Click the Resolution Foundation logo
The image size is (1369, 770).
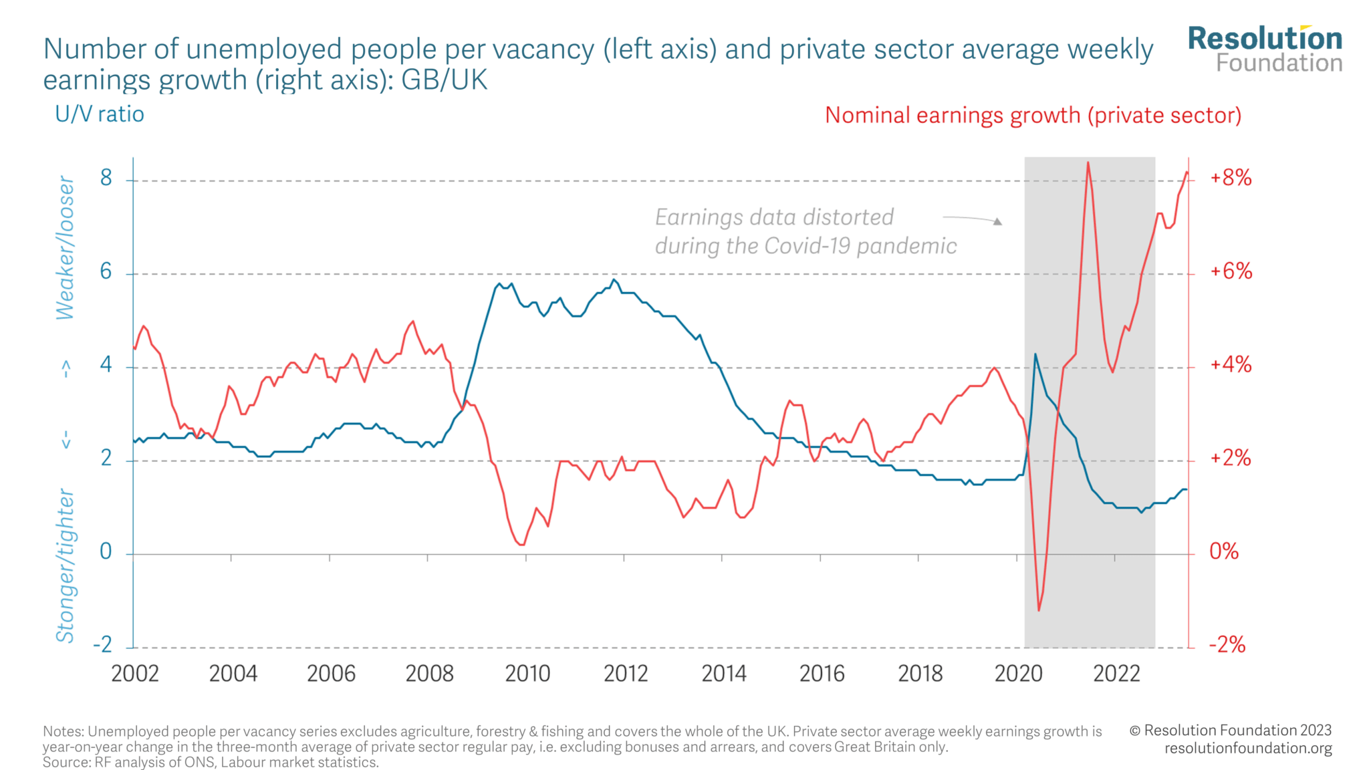pos(1265,49)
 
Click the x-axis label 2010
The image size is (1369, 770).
pos(527,673)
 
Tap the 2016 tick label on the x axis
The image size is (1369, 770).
pos(822,673)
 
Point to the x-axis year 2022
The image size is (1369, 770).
pos(1116,673)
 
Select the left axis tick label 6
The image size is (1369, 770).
pos(106,271)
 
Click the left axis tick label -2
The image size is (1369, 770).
pos(102,644)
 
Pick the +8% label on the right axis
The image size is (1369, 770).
pos(1231,178)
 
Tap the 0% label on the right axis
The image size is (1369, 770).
pos(1224,551)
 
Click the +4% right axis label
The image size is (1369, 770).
pos(1231,365)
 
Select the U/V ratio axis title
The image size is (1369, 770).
pos(100,114)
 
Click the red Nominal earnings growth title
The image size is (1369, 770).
pos(1033,115)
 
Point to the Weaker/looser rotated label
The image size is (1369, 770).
pos(65,248)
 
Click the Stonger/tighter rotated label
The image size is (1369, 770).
pos(65,565)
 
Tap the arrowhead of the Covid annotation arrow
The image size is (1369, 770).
pos(997,221)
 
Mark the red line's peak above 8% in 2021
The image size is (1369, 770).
pos(1088,162)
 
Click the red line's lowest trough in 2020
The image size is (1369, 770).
pos(1039,610)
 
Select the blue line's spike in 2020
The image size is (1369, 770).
pos(1035,354)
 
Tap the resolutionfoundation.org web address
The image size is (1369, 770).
pos(1248,749)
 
